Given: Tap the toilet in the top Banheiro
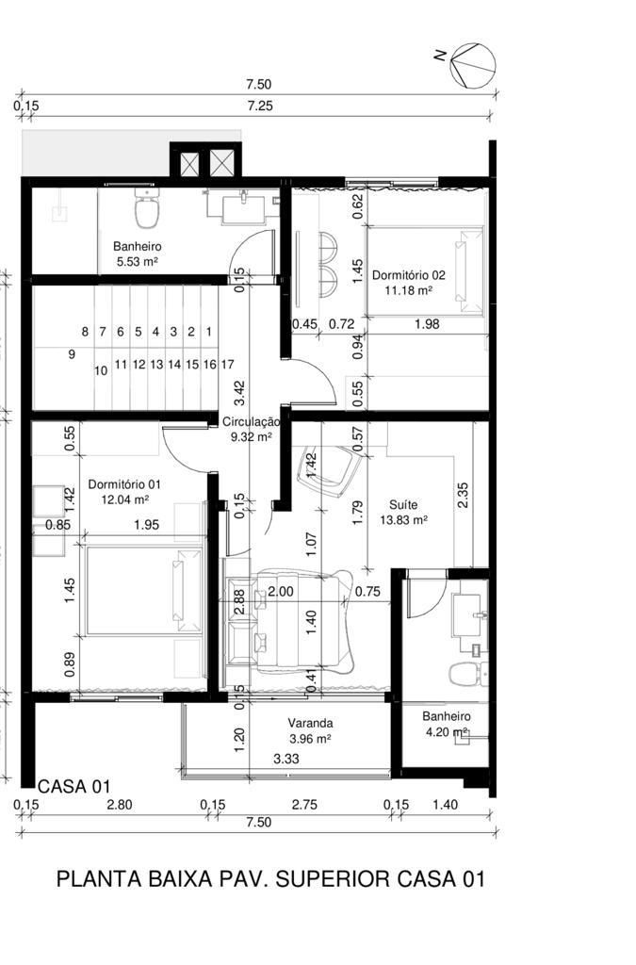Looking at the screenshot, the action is tap(147, 208).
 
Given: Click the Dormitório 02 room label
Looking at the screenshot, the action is tap(408, 275).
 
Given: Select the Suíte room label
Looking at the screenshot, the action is tap(403, 505).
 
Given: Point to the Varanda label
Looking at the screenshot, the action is tap(311, 723).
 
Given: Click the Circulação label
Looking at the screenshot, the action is tap(251, 422).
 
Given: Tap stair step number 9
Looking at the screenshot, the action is tap(72, 354).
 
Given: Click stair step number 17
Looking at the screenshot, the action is tap(227, 365).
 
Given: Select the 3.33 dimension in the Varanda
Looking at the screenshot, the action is tap(286, 759).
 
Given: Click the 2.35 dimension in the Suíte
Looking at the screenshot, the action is tap(464, 495).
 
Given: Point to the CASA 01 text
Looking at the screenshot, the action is tap(74, 786).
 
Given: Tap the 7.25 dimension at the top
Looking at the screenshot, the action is tap(260, 106).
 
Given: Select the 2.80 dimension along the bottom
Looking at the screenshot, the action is tap(120, 805).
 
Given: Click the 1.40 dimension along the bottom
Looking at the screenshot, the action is tap(446, 805).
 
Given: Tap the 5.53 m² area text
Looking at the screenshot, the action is tap(138, 262).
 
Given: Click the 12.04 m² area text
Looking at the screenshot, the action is tap(125, 499).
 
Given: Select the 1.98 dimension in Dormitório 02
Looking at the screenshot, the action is tap(427, 324).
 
